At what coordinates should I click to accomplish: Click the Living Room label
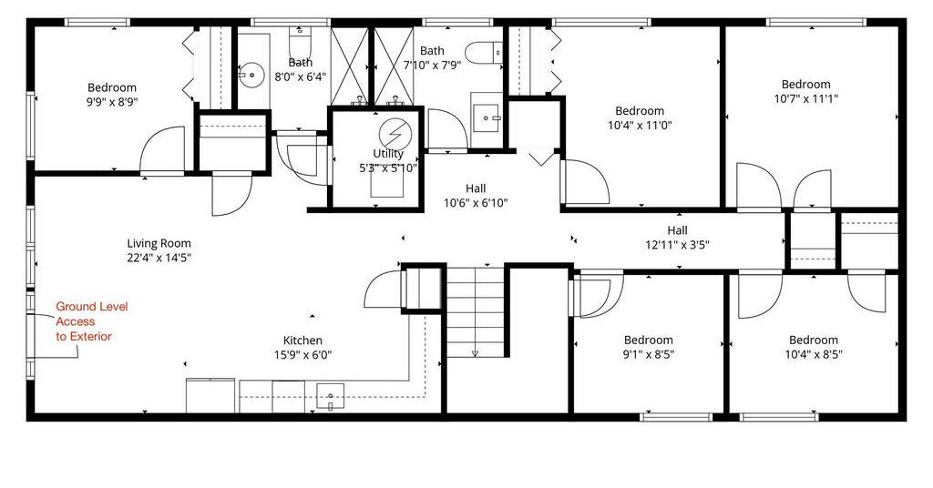159,243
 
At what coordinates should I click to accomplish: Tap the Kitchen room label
302,341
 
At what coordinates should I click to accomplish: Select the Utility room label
388,154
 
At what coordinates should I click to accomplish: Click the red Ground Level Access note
84,321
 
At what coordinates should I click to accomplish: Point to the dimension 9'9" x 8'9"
112,102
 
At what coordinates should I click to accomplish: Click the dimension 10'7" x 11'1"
805,98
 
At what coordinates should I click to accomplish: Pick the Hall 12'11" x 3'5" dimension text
677,244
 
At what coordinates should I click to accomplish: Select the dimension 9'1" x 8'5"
649,355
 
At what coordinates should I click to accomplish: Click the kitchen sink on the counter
330,397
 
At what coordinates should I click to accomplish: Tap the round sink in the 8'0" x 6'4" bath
251,76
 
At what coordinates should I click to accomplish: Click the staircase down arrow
475,351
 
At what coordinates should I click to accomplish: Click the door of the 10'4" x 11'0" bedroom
586,181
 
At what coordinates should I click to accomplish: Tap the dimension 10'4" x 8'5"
814,355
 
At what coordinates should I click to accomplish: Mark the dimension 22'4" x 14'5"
159,258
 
